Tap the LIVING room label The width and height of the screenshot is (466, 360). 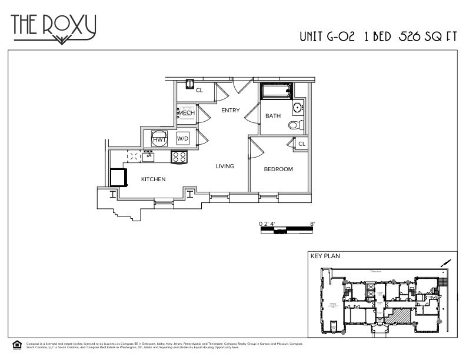(225, 166)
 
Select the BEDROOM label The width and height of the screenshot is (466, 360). (278, 169)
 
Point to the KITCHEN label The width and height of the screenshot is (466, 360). (153, 179)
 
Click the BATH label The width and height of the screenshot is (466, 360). (273, 116)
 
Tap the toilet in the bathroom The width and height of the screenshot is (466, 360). (295, 125)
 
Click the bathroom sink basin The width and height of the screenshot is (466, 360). (298, 107)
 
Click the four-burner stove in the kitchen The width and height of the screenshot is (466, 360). (179, 156)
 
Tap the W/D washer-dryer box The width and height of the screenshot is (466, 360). (183, 139)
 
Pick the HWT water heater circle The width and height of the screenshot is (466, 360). (159, 138)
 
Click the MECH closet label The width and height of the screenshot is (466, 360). (187, 113)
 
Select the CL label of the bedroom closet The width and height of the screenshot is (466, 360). (301, 144)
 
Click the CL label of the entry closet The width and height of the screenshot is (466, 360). (199, 90)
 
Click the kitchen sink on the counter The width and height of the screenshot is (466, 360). (148, 156)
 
